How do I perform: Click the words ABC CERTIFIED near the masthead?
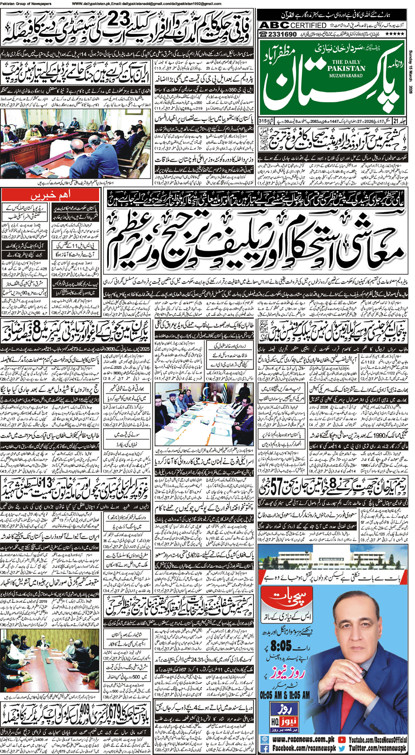(x=293, y=25)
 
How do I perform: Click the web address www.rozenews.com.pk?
(x=298, y=727)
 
